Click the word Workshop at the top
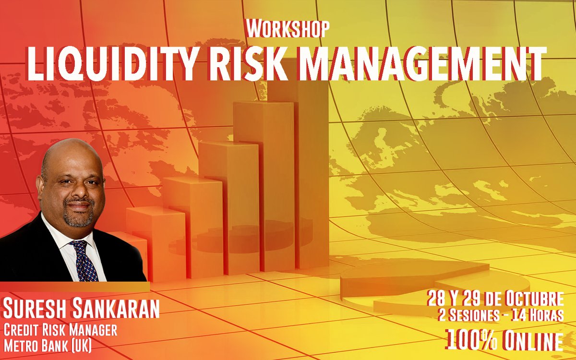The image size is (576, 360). click(x=288, y=29)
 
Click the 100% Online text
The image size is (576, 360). click(x=505, y=340)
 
